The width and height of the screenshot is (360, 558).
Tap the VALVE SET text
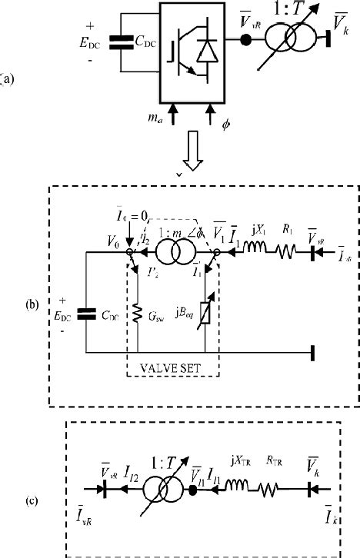point(171,368)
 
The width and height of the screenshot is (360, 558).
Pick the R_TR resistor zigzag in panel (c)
point(275,488)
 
